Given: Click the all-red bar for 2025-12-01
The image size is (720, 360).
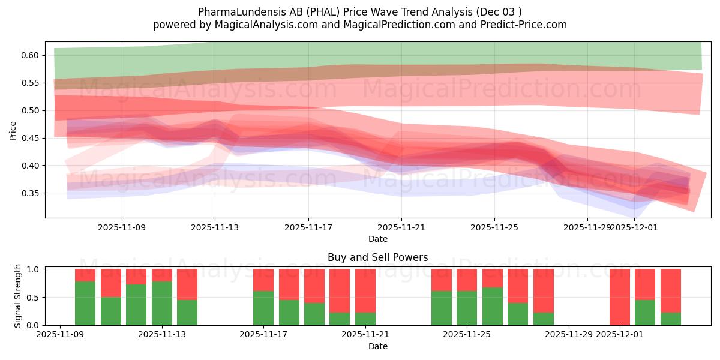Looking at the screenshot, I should coord(619,297).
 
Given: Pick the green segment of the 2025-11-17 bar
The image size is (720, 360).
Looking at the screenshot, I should coord(263,308).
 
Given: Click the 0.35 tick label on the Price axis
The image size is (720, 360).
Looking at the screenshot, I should coord(31,193).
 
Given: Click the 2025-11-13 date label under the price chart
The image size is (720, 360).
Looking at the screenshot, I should coord(215,228).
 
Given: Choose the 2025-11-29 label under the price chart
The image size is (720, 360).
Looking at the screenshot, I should coord(587,228).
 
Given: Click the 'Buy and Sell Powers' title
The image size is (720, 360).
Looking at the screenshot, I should coord(377,257).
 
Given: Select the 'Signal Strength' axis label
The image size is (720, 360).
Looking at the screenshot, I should coord(18,296).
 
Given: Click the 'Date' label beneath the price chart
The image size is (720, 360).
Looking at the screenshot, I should coord(377,239).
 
